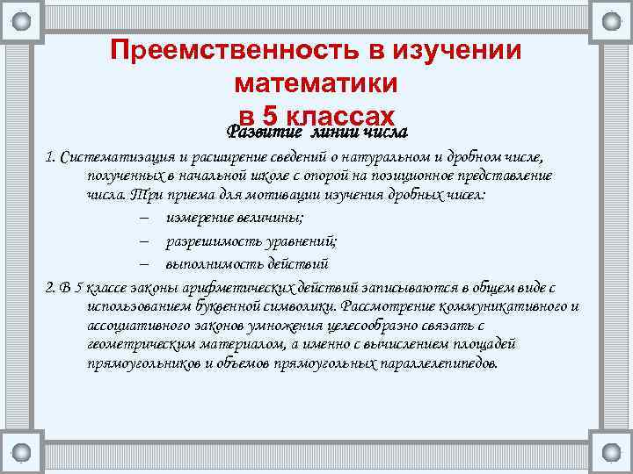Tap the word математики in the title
click(316, 84)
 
